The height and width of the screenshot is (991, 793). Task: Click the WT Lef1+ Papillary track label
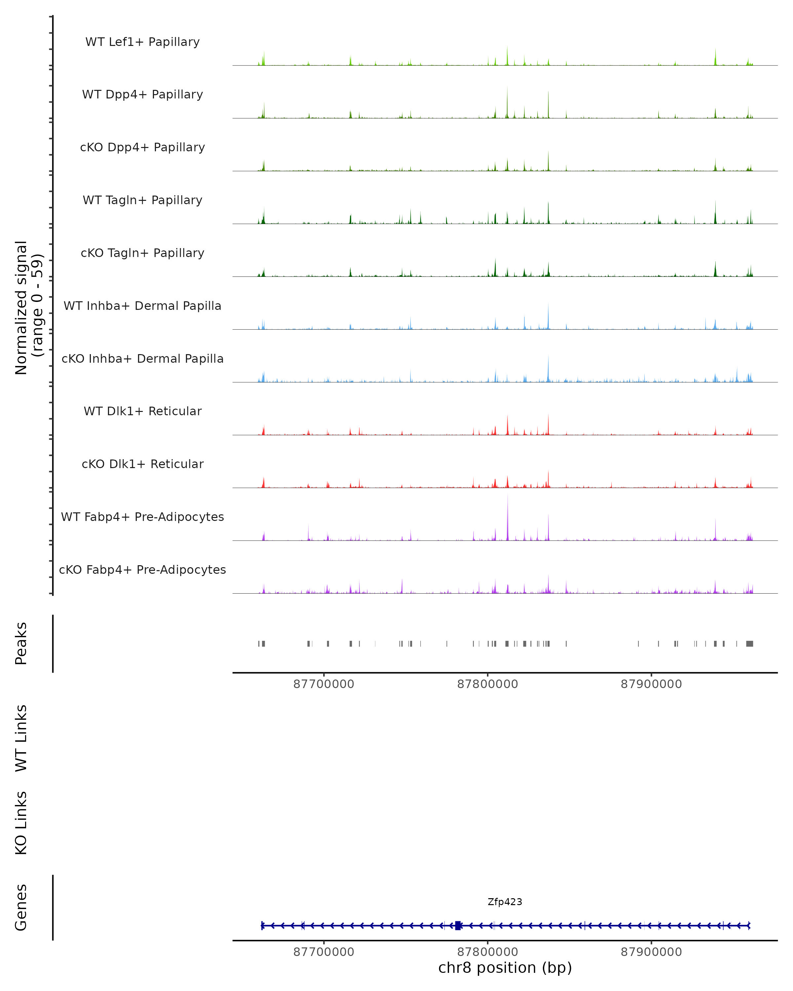pos(142,42)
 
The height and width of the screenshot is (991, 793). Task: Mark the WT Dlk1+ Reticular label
pos(142,411)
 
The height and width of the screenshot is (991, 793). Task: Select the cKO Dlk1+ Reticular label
pos(142,464)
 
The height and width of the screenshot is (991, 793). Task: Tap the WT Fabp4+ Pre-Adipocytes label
pos(142,517)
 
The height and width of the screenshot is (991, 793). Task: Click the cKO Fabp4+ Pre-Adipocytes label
pos(142,569)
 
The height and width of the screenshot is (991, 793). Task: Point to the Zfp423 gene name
pos(505,902)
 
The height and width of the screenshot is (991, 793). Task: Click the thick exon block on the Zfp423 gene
pos(458,925)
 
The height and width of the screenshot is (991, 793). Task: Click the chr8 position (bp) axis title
pos(505,968)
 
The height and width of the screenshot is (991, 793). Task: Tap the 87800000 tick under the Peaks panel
pos(487,684)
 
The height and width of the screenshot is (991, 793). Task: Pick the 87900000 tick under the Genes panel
pos(651,952)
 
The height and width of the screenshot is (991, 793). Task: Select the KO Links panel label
pos(21,823)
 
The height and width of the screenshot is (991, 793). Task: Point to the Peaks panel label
pos(21,643)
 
